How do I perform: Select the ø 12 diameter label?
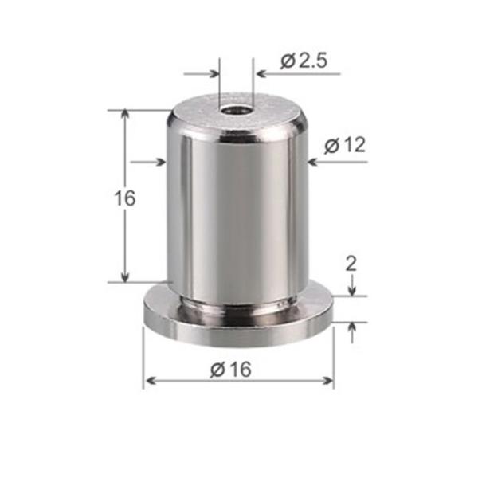click(x=345, y=145)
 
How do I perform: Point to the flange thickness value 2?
click(x=351, y=263)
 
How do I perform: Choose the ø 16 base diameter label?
click(x=231, y=370)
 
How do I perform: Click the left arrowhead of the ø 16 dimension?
click(x=150, y=382)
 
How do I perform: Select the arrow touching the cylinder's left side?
click(x=160, y=162)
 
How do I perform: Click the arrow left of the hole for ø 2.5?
click(x=214, y=74)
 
